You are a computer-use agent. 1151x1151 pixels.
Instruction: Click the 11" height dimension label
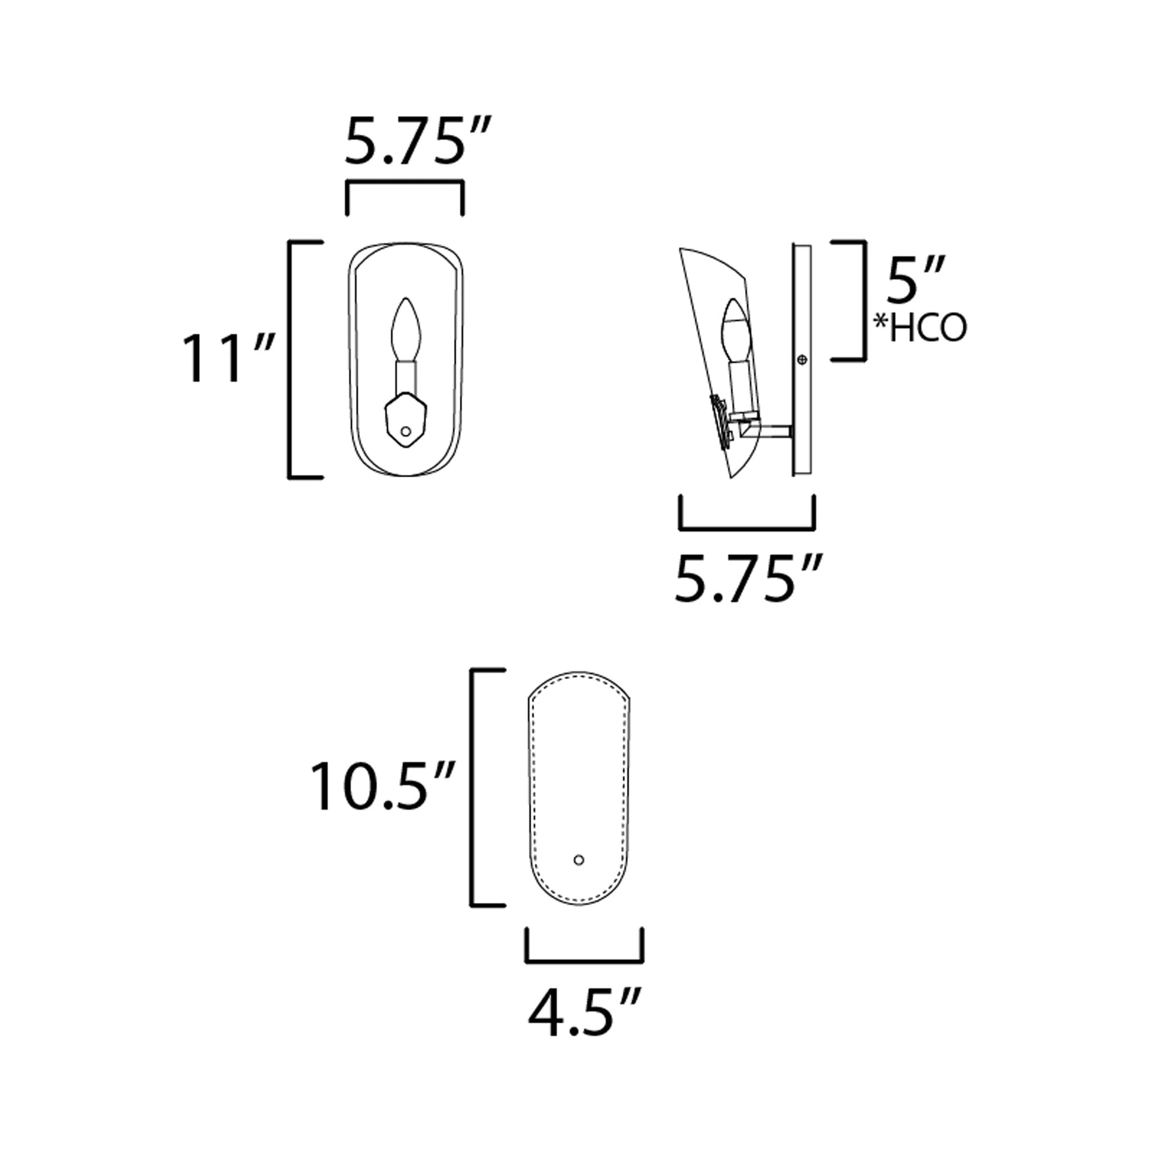(x=228, y=358)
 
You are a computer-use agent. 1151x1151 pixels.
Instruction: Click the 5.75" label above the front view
(x=418, y=141)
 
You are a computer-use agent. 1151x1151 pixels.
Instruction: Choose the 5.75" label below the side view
(x=747, y=578)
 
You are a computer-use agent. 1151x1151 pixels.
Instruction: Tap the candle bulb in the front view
(x=406, y=329)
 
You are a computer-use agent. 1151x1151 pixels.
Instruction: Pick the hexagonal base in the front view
(x=406, y=421)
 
